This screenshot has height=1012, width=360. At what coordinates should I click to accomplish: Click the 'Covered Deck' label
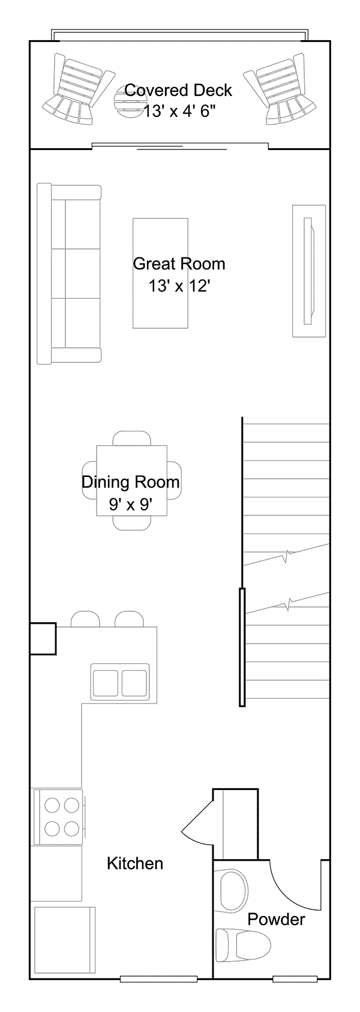coord(178,91)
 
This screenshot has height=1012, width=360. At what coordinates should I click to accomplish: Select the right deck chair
coord(281,89)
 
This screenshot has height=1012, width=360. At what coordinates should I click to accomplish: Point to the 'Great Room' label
coord(179,263)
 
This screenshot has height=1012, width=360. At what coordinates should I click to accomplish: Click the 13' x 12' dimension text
coord(180,286)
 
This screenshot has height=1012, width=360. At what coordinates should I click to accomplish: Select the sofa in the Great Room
coord(69,274)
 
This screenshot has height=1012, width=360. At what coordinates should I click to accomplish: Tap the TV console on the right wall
coord(309,271)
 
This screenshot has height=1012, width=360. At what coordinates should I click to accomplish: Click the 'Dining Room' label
coord(131,482)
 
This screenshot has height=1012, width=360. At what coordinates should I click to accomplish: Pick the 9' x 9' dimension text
coord(131,504)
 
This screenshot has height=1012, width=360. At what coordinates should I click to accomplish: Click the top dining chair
coord(131,439)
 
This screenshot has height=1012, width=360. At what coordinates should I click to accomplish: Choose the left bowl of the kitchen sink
coord(106,683)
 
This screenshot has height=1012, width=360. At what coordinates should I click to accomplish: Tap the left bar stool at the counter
coord(85,619)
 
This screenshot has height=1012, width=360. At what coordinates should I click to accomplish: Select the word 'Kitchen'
coord(135,863)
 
